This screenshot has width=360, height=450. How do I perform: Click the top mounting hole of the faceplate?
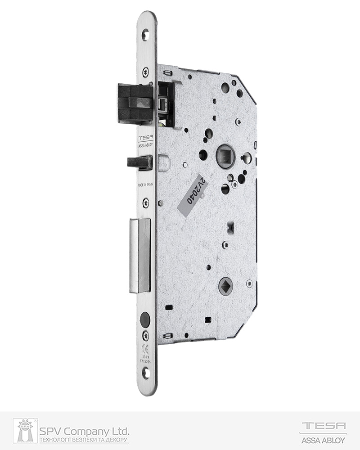pyautogui.click(x=145, y=33)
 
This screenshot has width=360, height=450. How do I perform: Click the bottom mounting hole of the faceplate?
pyautogui.click(x=145, y=372)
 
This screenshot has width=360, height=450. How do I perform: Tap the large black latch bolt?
pyautogui.click(x=135, y=103)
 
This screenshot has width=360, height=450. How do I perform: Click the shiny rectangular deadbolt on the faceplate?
pyautogui.click(x=140, y=256)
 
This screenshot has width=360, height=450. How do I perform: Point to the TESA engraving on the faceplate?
pyautogui.click(x=145, y=138)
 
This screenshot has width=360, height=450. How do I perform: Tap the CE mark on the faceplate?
pyautogui.click(x=145, y=347)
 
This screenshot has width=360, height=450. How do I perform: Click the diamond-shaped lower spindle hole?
pyautogui.click(x=225, y=286)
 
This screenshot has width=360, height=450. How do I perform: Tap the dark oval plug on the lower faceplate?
pyautogui.click(x=145, y=320)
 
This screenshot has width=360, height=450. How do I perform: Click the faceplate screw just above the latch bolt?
pyautogui.click(x=145, y=71)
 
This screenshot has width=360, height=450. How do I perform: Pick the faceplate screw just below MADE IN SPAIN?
pyautogui.click(x=145, y=203)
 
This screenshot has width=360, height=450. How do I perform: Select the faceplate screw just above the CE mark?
pyautogui.click(x=145, y=335)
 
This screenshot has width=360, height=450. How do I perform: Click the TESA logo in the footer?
pyautogui.click(x=323, y=426)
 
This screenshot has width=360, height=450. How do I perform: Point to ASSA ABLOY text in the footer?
pyautogui.click(x=323, y=439)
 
